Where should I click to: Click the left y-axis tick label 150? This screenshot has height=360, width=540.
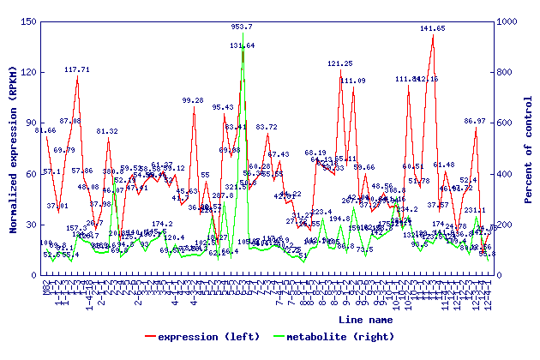click(x=27, y=21)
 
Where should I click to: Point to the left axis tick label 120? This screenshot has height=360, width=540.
click(x=27, y=72)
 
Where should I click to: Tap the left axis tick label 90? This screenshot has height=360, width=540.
click(x=29, y=123)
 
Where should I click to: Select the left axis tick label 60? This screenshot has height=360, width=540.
click(x=29, y=173)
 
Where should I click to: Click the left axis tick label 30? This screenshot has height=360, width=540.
click(x=29, y=224)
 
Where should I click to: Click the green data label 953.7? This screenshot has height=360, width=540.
click(x=243, y=27)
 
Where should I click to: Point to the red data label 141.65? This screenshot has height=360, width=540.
click(x=433, y=28)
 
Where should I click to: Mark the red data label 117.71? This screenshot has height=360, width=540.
click(x=77, y=69)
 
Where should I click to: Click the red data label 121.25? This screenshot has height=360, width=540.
click(x=340, y=63)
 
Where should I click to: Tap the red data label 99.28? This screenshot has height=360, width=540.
click(x=193, y=100)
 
